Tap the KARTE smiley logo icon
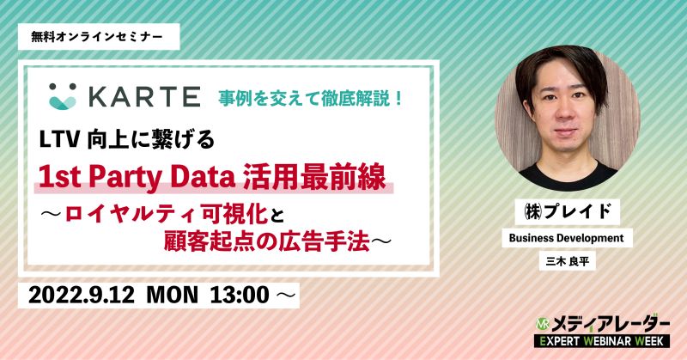coord(63,96)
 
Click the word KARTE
coord(145,97)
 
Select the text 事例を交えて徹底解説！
coord(311,98)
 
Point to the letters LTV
coord(59,140)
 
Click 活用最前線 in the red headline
coord(314,177)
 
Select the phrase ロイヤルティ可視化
coord(167,215)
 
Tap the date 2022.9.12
coord(82,295)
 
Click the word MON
coord(173,295)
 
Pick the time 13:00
coord(240,295)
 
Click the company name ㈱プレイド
coord(567,212)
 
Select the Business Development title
coord(566,238)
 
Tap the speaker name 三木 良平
coord(568,262)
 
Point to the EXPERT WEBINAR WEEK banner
coord(602,341)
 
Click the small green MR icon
coord(543,324)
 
